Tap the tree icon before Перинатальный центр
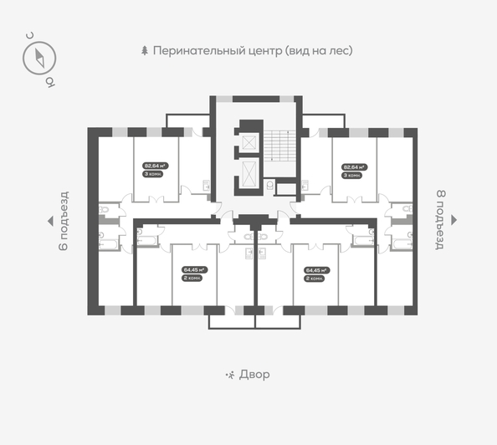tap(145, 50)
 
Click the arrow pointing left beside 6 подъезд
tap(49, 221)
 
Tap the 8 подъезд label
tap(438, 220)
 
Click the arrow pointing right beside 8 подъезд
tap(454, 220)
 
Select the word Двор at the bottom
tap(254, 375)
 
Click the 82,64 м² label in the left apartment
tap(156, 166)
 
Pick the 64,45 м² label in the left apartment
tap(195, 269)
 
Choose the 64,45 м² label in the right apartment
tap(316, 269)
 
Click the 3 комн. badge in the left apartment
tap(154, 174)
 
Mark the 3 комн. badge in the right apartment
tap(353, 174)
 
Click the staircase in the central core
tap(278, 147)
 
